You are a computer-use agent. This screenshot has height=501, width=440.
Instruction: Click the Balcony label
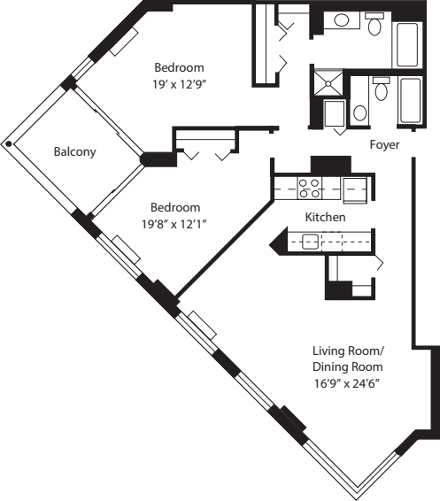point(74,151)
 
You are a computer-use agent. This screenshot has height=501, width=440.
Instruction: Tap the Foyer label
point(384,143)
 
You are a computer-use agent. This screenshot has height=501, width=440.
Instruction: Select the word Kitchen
point(325,217)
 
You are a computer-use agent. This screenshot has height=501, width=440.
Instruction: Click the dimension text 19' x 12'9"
point(180,86)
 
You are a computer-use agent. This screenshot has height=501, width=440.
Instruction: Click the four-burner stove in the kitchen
point(311,188)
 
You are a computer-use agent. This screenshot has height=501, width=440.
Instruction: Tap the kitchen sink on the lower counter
point(310,241)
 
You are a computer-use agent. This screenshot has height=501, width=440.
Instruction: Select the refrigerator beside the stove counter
point(355,188)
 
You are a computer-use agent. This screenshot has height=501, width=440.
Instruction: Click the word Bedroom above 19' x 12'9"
point(180,68)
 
